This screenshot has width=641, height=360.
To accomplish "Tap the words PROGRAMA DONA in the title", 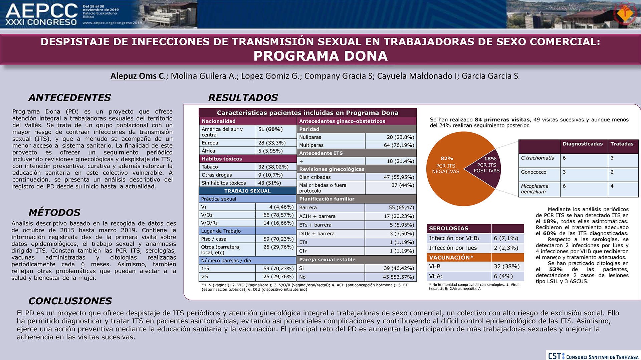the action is click(320, 56).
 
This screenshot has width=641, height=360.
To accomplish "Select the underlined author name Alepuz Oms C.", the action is click(137, 76).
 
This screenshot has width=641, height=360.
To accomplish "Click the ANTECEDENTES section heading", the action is click(69, 97).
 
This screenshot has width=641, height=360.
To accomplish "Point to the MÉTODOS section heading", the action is click(54, 212).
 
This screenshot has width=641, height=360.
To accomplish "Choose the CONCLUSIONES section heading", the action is click(70, 301).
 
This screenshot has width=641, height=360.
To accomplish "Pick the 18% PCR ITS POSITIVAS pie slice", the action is click(486, 167).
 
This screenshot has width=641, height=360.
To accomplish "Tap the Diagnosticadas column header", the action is click(583, 144).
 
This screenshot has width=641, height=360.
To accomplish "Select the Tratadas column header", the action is click(622, 144).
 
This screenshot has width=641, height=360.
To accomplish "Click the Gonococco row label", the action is click(533, 172).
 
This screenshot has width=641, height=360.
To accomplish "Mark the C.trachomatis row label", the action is click(537, 158).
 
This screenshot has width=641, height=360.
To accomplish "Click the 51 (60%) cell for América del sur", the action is click(270, 129).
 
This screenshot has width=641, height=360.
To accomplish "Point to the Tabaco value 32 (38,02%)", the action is click(273, 167).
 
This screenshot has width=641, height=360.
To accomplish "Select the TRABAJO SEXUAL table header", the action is click(247, 191).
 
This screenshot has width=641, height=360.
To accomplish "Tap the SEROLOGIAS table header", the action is click(448, 228).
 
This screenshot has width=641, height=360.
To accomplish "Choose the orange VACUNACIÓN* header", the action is click(451, 258).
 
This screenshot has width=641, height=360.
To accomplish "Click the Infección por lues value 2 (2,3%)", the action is click(506, 248).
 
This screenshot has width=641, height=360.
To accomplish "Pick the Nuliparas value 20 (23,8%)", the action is click(400, 137).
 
